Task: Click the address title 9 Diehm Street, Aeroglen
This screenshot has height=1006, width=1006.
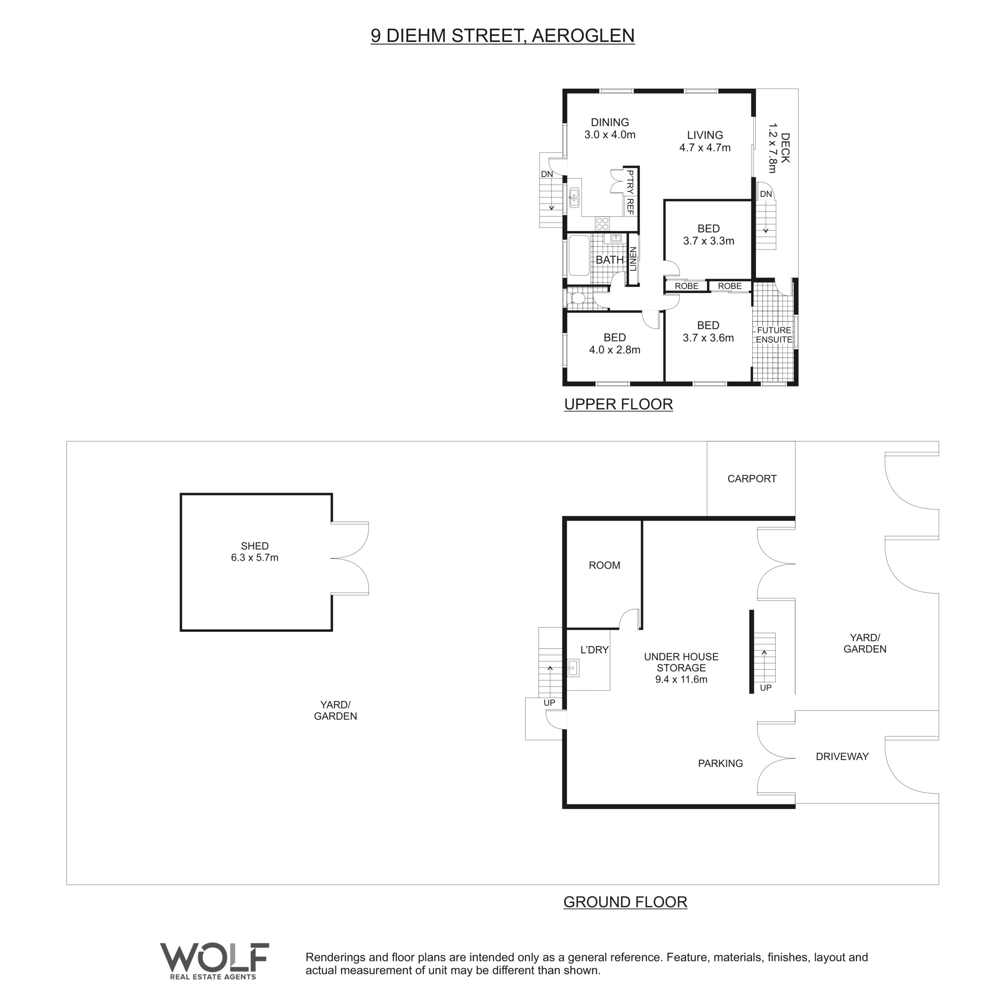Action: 503,35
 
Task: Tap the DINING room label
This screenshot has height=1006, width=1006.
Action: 610,122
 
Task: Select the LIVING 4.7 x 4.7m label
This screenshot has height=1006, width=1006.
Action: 705,141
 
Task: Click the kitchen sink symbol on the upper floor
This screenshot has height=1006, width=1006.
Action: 575,197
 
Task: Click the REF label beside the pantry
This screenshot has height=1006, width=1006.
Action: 630,206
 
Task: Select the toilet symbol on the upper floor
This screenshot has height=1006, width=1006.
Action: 576,298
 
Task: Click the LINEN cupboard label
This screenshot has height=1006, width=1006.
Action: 633,259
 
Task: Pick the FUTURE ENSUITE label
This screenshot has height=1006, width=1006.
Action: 774,335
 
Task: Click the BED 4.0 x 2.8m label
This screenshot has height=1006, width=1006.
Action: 615,344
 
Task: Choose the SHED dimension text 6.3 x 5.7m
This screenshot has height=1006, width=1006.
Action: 255,558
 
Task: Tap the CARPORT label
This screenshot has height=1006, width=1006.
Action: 752,479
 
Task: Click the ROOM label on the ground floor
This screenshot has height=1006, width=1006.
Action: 604,565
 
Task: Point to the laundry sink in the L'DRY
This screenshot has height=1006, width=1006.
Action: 573,668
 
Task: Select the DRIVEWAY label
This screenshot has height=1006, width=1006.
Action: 842,756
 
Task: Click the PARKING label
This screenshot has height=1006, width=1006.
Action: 720,764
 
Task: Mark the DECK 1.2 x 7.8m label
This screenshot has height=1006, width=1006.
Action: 779,149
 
